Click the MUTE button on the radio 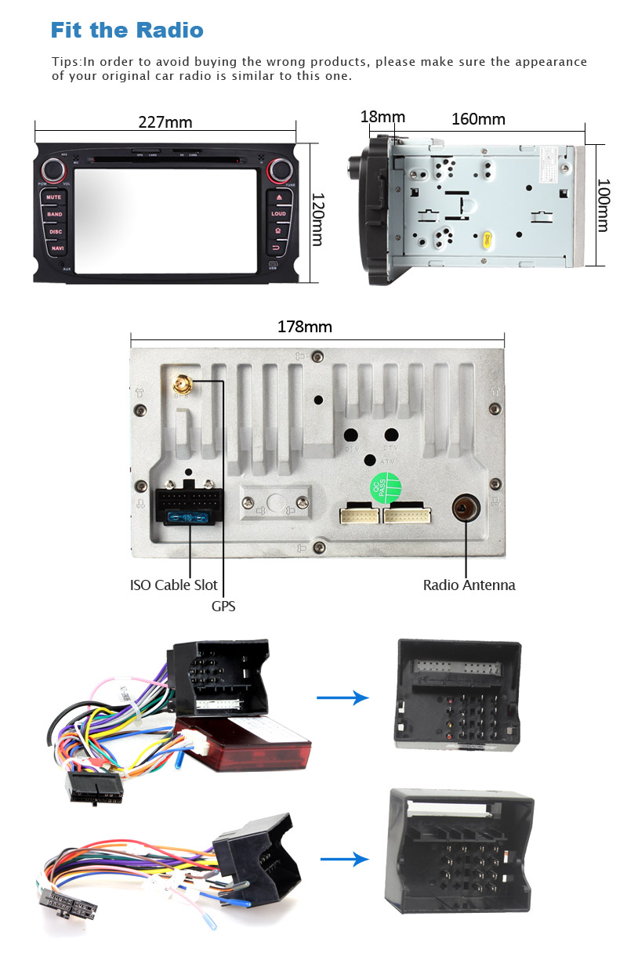pyautogui.click(x=53, y=197)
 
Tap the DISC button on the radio pyautogui.click(x=55, y=232)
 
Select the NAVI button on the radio pyautogui.click(x=56, y=248)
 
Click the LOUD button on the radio pyautogui.click(x=279, y=213)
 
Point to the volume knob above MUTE pyautogui.click(x=54, y=168)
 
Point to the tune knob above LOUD pyautogui.click(x=278, y=168)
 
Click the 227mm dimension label pyautogui.click(x=165, y=122)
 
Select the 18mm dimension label pyautogui.click(x=382, y=118)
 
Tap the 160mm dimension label pyautogui.click(x=478, y=119)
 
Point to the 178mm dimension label pyautogui.click(x=305, y=327)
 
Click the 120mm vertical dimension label pyautogui.click(x=317, y=219)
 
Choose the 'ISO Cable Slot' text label pyautogui.click(x=173, y=585)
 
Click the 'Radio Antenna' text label pyautogui.click(x=469, y=585)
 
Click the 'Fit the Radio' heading pyautogui.click(x=127, y=31)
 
